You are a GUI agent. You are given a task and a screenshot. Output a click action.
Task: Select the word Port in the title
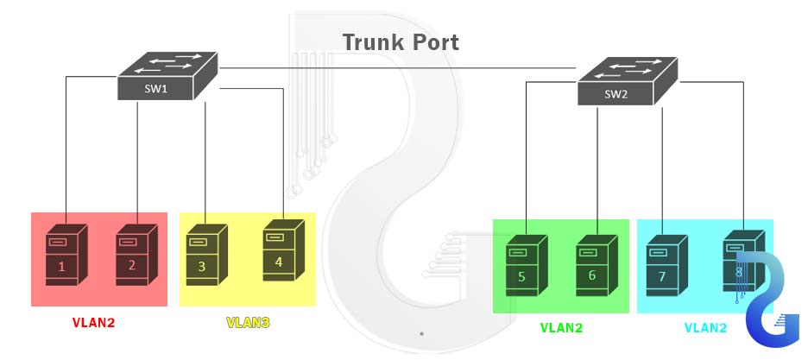click(x=432, y=42)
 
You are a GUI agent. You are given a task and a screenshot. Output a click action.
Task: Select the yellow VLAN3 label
click(x=248, y=323)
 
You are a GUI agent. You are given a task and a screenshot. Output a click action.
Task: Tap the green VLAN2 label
click(x=561, y=328)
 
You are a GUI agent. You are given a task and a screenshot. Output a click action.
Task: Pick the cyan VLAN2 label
click(x=705, y=328)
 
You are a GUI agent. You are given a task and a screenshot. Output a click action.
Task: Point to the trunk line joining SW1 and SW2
click(x=397, y=67)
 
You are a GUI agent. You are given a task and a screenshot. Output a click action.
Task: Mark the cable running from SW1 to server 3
click(x=205, y=155)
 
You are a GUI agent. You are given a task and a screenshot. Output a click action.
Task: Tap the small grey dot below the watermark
click(x=421, y=332)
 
